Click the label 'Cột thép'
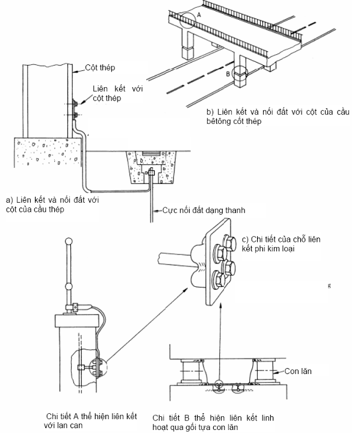pos(100,68)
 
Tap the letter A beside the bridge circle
pos(199,15)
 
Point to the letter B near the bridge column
pos(228,74)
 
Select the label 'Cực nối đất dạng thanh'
pos(203,210)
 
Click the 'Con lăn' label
pos(298,371)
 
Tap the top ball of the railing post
pos(69,242)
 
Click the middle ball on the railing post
pos(69,286)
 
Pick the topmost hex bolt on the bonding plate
pos(229,242)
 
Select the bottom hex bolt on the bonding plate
pos(219,279)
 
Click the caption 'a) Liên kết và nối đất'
pos(52,204)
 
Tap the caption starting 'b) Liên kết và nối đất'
pos(278,117)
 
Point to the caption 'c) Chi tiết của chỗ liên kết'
pos(281,244)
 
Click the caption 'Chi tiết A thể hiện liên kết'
pos(90,420)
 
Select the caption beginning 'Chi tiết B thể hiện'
pos(213,422)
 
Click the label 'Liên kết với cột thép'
pos(118,93)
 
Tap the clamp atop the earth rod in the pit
pos(151,173)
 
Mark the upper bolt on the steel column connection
pos(75,104)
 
